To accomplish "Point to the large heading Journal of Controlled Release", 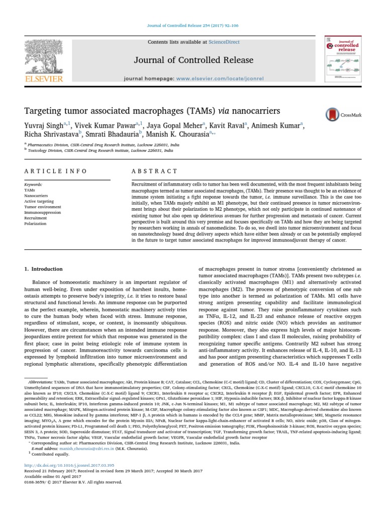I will (x=193, y=61).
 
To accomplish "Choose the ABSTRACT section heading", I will (x=148, y=171).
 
